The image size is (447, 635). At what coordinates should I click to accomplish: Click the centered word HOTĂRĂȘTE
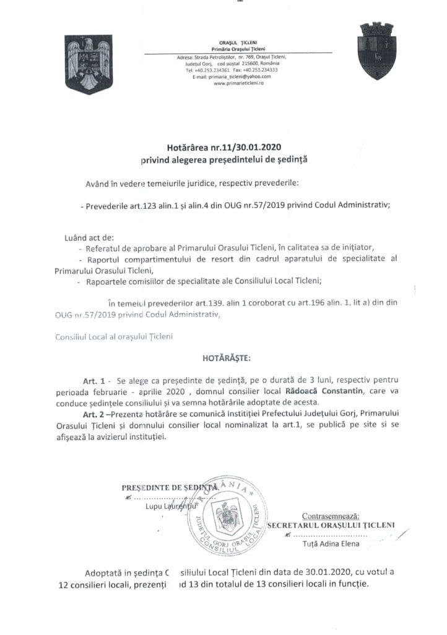coord(223,358)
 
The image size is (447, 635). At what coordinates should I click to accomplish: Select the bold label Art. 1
coord(94,378)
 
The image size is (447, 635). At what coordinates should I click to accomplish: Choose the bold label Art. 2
coord(94,415)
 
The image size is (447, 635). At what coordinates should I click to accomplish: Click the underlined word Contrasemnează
coord(330,515)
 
